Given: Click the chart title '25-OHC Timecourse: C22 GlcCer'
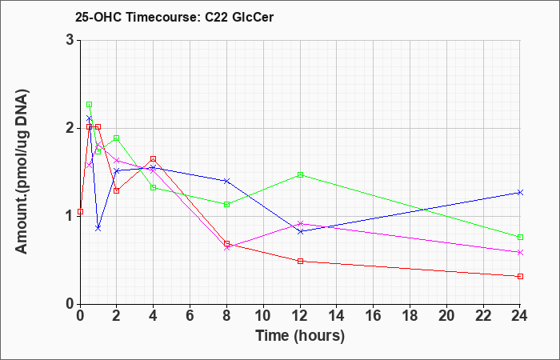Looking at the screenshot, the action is coord(174,18).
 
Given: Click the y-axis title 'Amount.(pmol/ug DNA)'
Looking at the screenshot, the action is coord(22,172).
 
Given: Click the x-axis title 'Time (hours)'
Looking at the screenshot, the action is coord(300,336).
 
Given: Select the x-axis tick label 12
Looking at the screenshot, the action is coord(300,316).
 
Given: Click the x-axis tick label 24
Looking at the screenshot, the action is coord(520,316).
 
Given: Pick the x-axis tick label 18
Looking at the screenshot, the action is coord(410,316).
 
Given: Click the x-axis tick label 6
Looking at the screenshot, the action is coord(190,316).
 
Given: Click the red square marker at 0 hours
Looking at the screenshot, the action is coord(80,212).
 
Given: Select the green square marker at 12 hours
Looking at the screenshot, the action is coord(300,175).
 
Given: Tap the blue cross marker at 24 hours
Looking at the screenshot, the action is coord(520,193).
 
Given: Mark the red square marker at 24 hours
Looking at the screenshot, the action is coord(520,277).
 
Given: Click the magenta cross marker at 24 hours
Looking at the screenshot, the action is coord(520,253).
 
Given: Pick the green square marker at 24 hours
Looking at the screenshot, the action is coord(520,237).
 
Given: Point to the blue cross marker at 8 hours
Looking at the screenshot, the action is coord(226,181).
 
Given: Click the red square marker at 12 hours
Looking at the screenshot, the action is coord(300,261).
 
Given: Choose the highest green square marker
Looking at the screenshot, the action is coord(90,105).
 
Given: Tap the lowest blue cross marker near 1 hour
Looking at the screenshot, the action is coord(98,228).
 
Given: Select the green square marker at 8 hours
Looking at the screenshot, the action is coord(226,205).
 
